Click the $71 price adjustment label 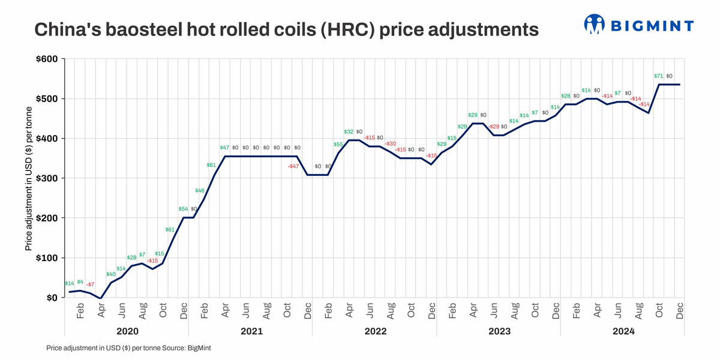pos(658,76)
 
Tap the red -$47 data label pos(293,166)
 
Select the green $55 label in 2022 pos(338,145)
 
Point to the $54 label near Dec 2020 pos(183,209)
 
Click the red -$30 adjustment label pos(390,144)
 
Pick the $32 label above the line pos(349,131)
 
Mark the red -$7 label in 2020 pos(90,284)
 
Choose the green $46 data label pos(200,191)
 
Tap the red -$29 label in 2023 pos(493,127)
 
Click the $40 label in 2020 pos(111,274)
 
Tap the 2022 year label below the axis pos(374,331)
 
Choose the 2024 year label pos(622,331)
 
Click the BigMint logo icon pos(594,25)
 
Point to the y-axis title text pos(28,178)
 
